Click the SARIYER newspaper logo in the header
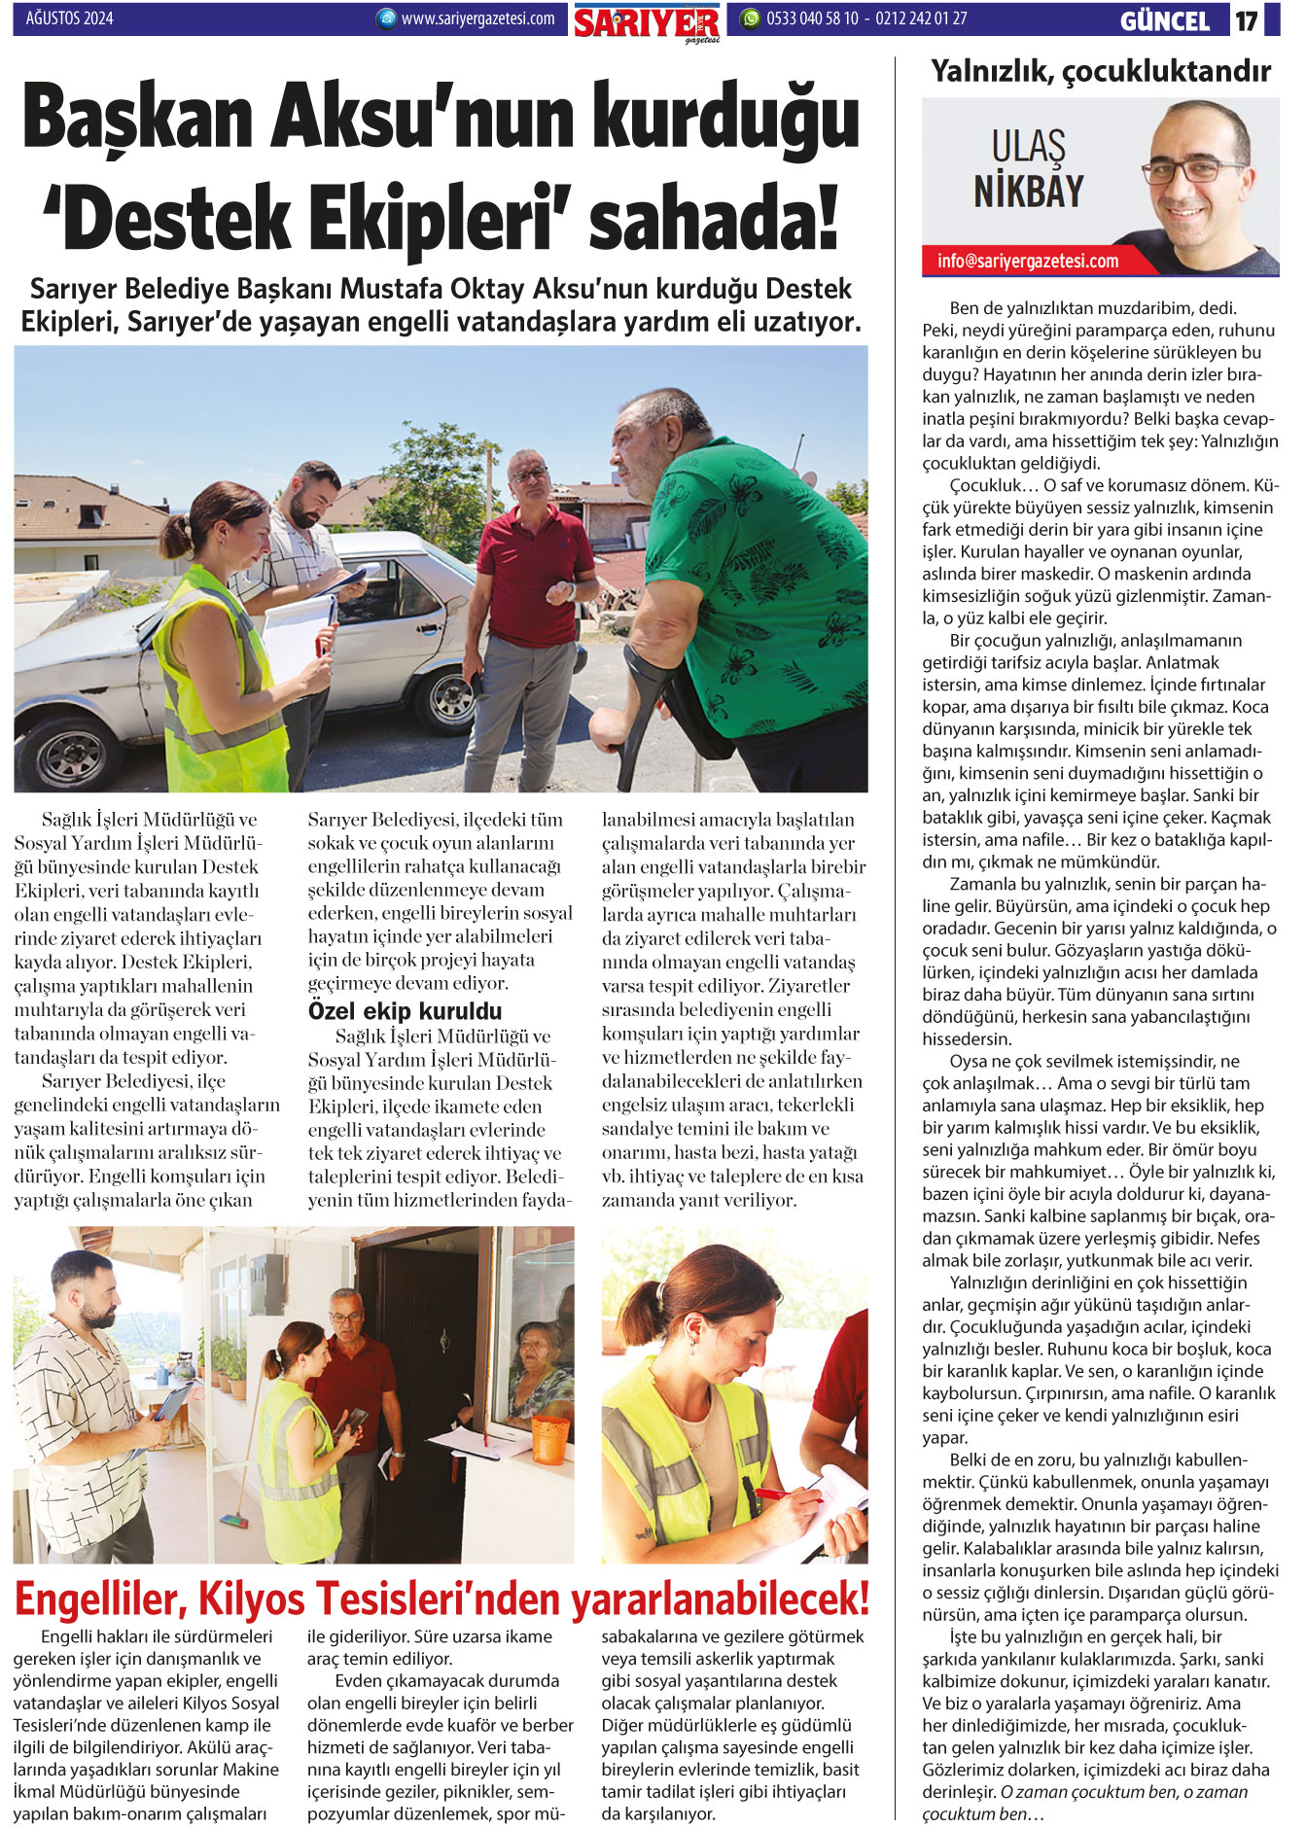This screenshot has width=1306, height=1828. click(646, 21)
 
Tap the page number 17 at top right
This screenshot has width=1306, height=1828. click(1247, 20)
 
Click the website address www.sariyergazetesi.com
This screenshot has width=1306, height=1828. click(477, 18)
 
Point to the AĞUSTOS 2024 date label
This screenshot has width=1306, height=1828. click(69, 18)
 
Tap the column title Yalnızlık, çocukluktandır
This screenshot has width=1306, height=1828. click(1100, 71)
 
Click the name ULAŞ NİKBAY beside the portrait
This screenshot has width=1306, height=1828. click(1029, 170)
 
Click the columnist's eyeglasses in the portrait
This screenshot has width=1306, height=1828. click(1192, 172)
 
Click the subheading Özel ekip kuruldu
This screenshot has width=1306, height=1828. click(405, 1010)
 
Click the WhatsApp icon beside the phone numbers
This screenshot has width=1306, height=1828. click(750, 18)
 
